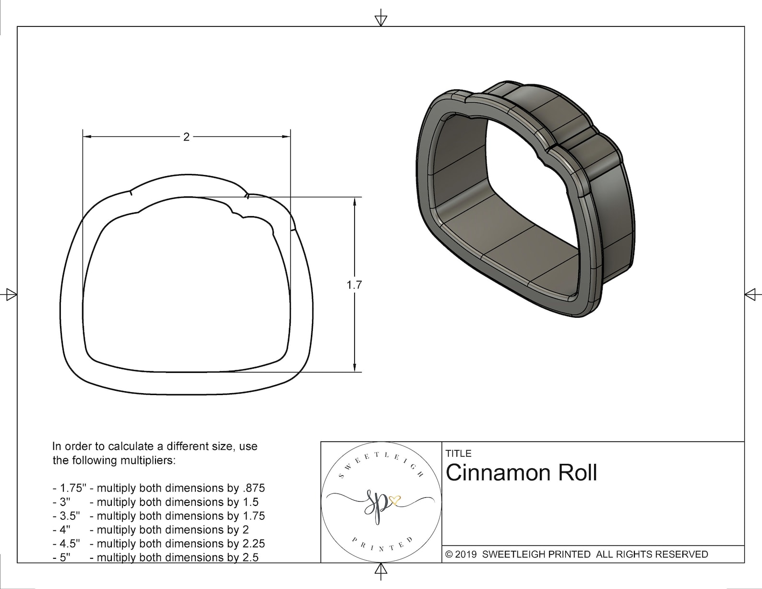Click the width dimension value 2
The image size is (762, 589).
point(186,137)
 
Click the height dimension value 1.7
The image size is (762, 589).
point(354,285)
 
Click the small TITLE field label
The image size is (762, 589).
point(458,453)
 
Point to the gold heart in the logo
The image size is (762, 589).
point(395,501)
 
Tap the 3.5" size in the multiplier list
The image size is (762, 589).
point(69,516)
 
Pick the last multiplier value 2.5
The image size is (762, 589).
point(250,558)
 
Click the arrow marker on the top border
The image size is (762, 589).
point(381,20)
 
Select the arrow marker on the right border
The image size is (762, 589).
point(751,294)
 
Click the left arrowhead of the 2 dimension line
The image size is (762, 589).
point(87,137)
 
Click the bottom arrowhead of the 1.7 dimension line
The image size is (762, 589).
point(354,367)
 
